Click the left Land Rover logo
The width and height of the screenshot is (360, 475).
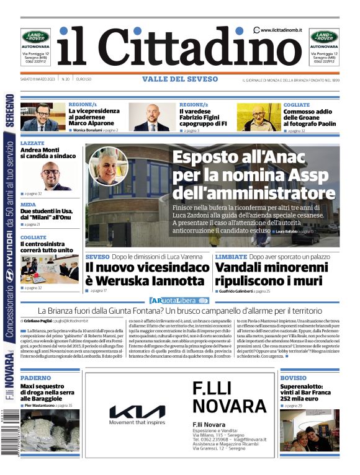[35, 37]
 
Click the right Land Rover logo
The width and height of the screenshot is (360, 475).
[324, 37]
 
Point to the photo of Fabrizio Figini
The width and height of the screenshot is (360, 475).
[151, 117]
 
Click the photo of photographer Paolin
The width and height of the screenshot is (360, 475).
[258, 117]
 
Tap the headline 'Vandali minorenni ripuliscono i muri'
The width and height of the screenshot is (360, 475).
[271, 273]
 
